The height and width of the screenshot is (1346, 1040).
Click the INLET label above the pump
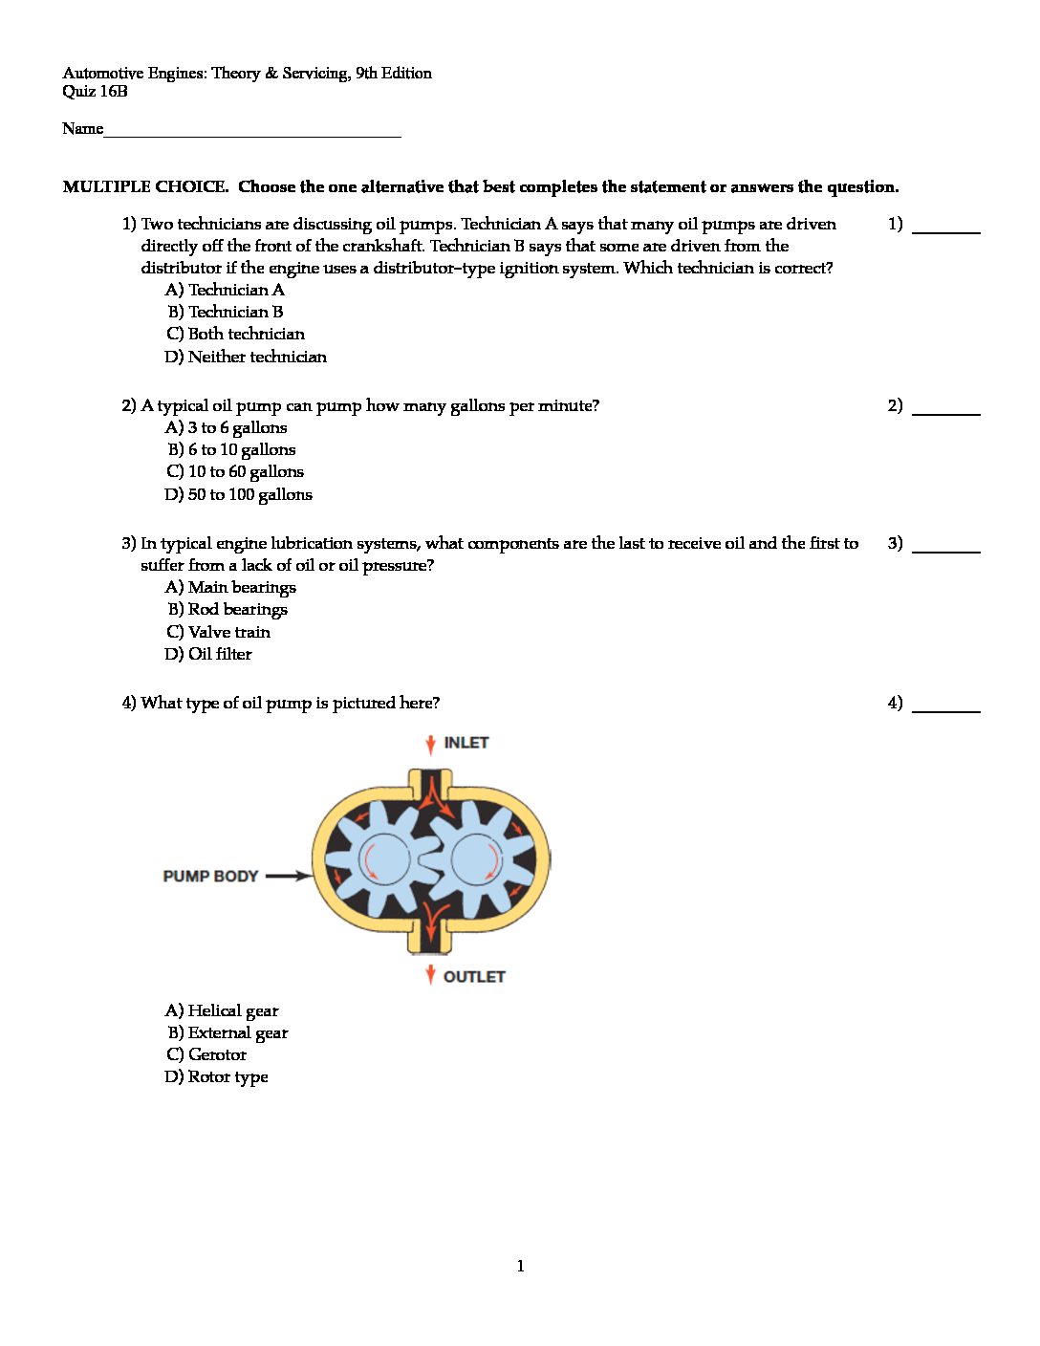click(x=466, y=743)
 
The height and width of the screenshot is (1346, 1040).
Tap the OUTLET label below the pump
click(x=474, y=976)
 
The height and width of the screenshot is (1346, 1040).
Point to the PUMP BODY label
click(x=210, y=876)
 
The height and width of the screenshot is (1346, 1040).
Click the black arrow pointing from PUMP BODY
click(x=289, y=876)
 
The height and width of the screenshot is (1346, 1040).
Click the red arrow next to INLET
click(x=431, y=744)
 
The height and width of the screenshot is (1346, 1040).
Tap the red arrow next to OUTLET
click(x=431, y=975)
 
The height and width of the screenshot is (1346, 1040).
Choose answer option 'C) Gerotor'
click(x=206, y=1054)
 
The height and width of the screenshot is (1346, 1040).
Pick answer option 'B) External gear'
click(x=227, y=1032)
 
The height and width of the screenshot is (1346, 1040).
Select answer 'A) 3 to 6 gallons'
click(x=227, y=427)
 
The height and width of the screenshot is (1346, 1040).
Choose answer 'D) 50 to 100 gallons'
click(x=239, y=494)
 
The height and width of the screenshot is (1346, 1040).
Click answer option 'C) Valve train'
click(x=219, y=632)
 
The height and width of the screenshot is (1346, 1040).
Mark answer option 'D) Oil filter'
click(x=208, y=654)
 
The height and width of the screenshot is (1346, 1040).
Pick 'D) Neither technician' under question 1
click(x=246, y=357)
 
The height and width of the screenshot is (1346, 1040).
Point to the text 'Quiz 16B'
click(x=95, y=92)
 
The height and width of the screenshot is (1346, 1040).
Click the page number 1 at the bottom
click(x=520, y=1266)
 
